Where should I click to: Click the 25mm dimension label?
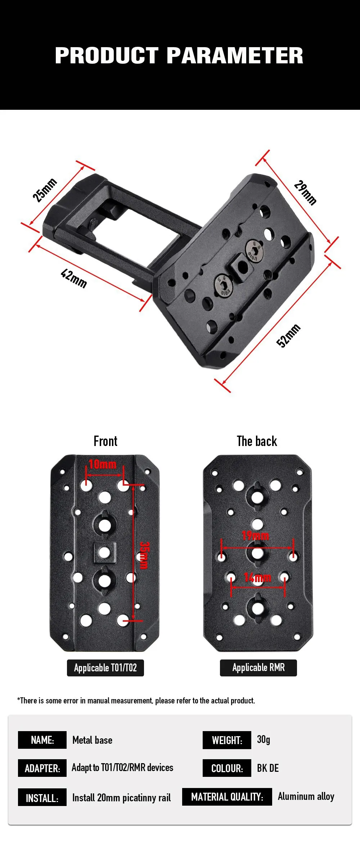coord(45,190)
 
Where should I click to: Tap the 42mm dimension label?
coord(74,278)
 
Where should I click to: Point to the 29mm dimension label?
coord(305,193)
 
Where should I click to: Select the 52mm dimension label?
coord(288,336)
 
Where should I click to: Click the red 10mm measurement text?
coord(103,464)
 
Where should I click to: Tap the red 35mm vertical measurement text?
coord(144,555)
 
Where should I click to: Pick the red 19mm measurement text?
coord(255,536)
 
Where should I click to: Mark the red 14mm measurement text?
coord(257,577)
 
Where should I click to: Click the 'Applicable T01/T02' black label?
coord(105,668)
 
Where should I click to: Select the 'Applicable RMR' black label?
coord(258,668)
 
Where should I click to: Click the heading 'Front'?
coord(105,441)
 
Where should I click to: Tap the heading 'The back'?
coord(257,441)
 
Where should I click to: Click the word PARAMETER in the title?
coord(235,56)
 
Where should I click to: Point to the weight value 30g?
coord(264,739)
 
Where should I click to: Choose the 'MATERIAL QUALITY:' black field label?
coord(227,797)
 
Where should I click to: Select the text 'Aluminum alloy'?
coord(306,796)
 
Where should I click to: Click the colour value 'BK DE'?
coord(268,768)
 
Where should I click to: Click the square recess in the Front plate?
coord(104,553)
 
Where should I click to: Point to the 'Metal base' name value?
coord(93,740)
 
